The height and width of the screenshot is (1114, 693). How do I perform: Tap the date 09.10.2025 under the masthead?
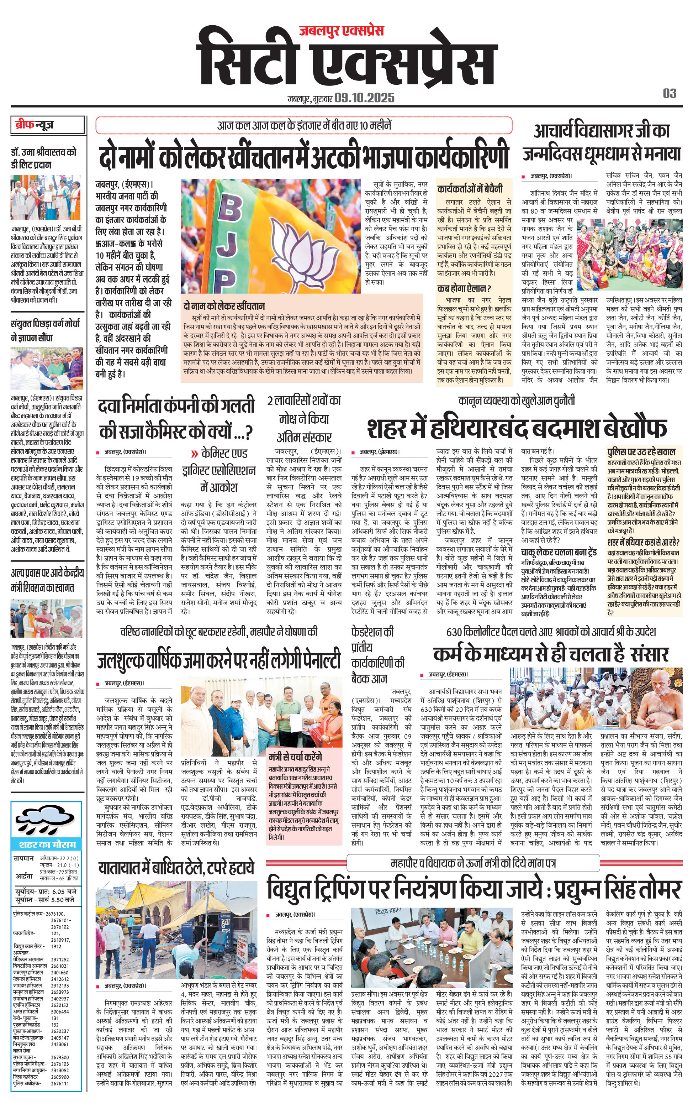[x=364, y=98]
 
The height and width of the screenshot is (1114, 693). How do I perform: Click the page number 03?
[x=669, y=94]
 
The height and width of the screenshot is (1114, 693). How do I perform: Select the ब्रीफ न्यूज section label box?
[x=48, y=125]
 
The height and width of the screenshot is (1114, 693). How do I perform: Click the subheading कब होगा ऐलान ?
[x=464, y=288]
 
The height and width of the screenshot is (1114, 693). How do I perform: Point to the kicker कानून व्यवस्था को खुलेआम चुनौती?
[x=516, y=401]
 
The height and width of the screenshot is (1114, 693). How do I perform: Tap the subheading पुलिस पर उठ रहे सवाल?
[x=641, y=452]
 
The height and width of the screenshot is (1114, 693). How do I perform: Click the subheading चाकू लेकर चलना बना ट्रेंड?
[x=558, y=552]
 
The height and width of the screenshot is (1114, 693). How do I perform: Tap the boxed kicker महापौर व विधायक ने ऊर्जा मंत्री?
[x=473, y=863]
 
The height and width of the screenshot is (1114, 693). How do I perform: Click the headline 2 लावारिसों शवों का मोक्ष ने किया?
[x=304, y=418]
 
